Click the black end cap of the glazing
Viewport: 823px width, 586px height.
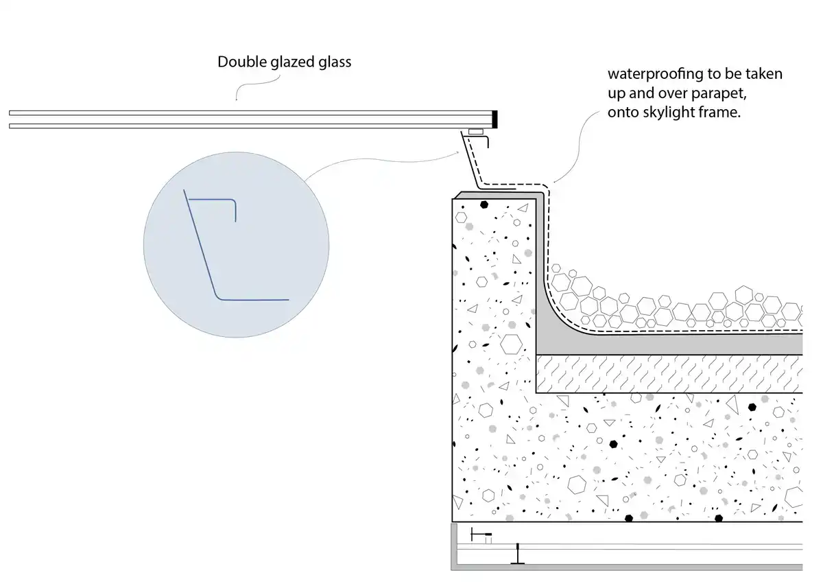pos(495,119)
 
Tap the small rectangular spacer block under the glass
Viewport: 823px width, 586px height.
pos(475,130)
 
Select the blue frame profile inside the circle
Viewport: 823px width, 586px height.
pos(206,261)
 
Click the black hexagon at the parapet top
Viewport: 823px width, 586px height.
pos(484,204)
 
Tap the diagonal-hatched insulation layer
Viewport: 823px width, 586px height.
pos(669,374)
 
